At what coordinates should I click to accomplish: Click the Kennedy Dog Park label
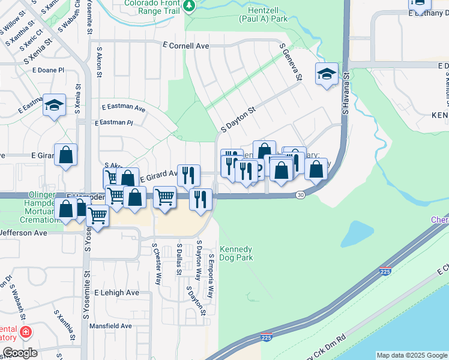click(x=236, y=253)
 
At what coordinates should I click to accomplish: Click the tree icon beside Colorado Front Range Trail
click(x=190, y=5)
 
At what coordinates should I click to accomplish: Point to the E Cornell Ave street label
click(x=186, y=46)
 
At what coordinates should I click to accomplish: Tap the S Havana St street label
click(x=346, y=93)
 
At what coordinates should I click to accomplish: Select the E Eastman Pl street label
click(x=113, y=122)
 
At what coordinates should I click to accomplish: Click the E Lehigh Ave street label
click(x=120, y=293)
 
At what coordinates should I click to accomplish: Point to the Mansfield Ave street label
click(x=110, y=326)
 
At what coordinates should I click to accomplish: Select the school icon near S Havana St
click(x=326, y=74)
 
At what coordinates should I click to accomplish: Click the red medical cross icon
click(x=25, y=332)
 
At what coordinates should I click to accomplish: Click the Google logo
click(x=19, y=353)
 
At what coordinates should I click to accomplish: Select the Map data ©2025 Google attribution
click(x=412, y=355)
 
